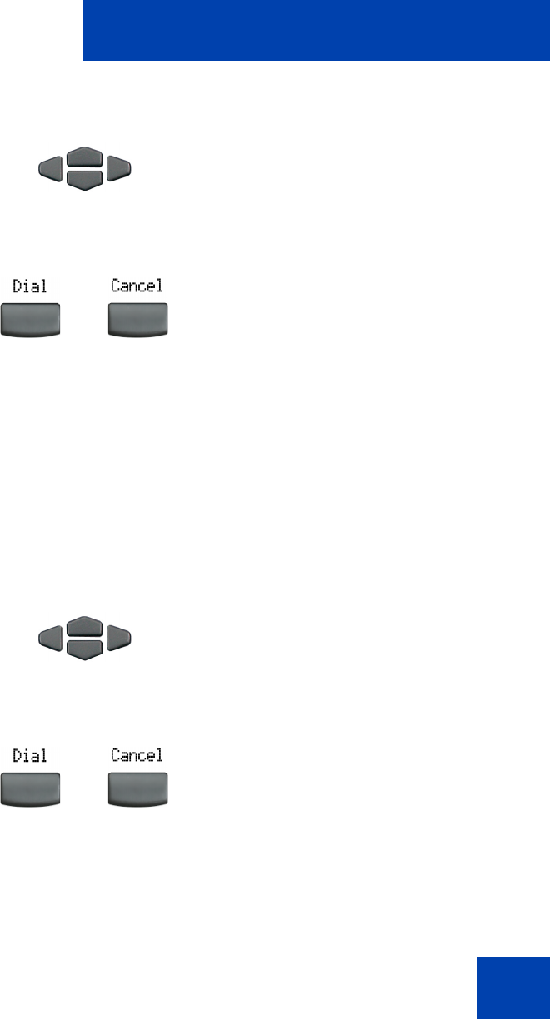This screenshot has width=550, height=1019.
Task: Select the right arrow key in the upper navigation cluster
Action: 120,169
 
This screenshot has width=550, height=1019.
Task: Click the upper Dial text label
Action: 29,286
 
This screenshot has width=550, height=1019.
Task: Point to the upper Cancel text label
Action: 137,286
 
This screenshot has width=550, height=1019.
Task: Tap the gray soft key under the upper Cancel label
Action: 138,320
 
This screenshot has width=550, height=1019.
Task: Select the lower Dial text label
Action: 29,755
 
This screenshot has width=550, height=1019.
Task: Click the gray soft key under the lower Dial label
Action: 30,789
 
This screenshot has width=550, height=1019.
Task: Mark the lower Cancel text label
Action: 137,755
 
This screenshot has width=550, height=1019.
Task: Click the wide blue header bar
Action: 316,31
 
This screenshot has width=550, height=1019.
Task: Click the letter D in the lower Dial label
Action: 16,755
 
